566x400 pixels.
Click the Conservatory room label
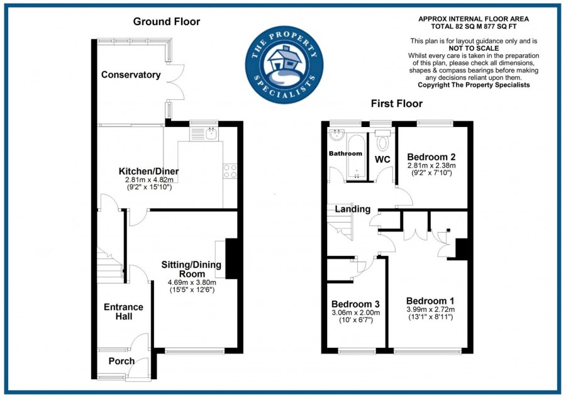coord(131,75)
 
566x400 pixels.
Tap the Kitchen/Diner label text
coord(149,171)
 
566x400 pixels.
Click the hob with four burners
coord(230,172)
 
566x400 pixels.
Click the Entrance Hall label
coord(123,311)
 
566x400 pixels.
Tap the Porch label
coord(121,361)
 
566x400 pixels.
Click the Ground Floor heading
coord(167,22)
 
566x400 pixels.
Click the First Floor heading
coord(396,104)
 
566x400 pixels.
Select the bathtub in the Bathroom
coord(356,157)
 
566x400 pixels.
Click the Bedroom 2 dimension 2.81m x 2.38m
coord(431,165)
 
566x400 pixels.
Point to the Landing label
coord(352,209)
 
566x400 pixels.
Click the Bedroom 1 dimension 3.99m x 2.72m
coord(430,309)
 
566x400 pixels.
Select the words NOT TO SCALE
coord(474,48)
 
